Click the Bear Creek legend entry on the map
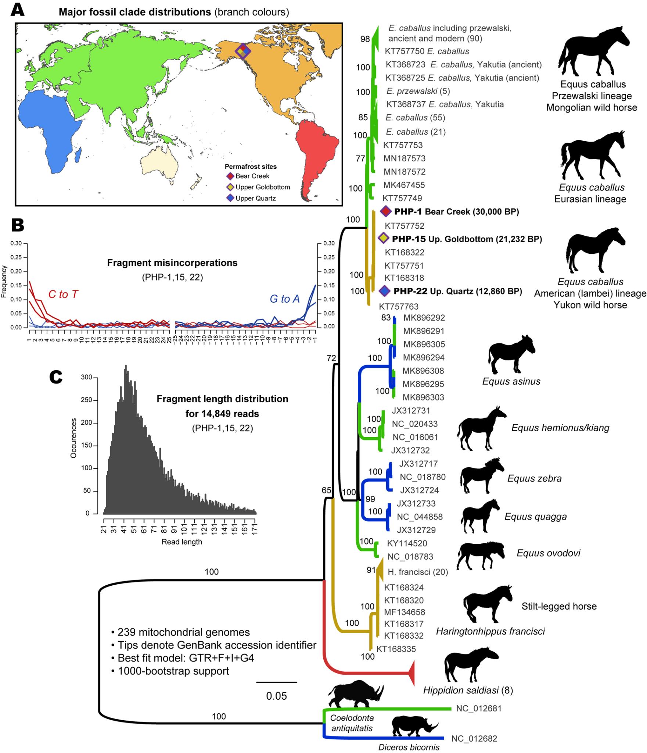pos(252,176)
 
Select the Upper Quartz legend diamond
pos(230,199)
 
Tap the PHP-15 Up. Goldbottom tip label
pos(467,239)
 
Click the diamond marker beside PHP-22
pos(384,291)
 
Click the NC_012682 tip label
pos(474,738)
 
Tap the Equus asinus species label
pos(511,381)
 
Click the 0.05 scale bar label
pos(276,696)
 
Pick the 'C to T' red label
pos(63,294)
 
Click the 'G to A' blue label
pos(284,299)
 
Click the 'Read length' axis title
pos(181,542)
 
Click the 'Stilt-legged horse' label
pos(559,606)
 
